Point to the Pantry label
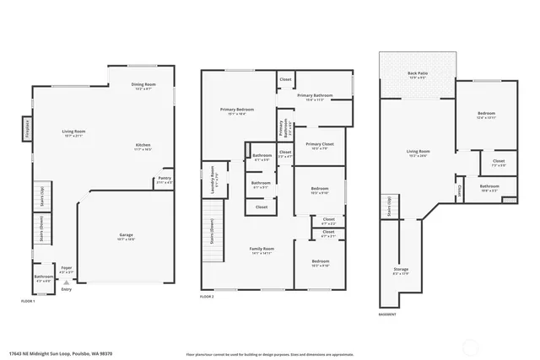coord(164,180)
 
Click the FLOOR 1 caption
coord(28,301)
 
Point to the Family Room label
coord(260,249)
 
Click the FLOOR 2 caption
coord(208,297)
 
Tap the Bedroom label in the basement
coord(486,113)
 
